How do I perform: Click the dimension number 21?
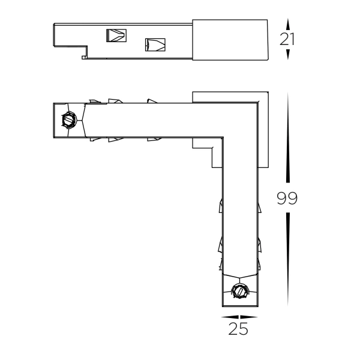pyautogui.click(x=289, y=39)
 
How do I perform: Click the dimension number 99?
pyautogui.click(x=288, y=199)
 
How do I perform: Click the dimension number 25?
pyautogui.click(x=238, y=329)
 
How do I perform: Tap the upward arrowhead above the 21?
pyautogui.click(x=289, y=23)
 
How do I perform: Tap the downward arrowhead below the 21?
pyautogui.click(x=289, y=55)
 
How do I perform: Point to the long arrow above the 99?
pyautogui.click(x=289, y=138)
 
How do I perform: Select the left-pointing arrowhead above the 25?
pyautogui.click(x=227, y=317)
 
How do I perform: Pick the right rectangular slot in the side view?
pyautogui.click(x=155, y=45)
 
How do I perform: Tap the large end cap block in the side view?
pyautogui.click(x=230, y=40)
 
